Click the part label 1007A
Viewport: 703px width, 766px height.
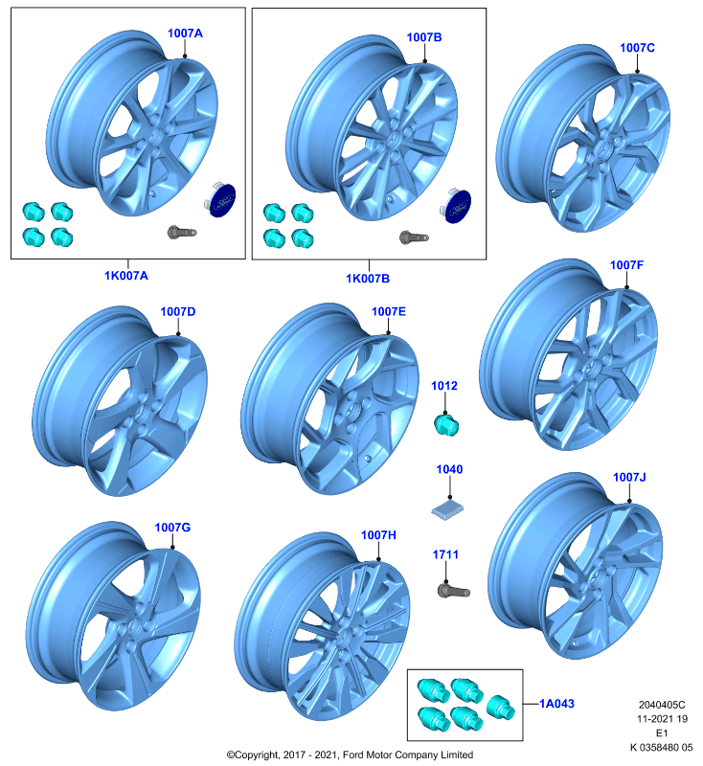[x=185, y=34]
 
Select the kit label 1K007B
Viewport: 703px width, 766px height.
[x=368, y=279]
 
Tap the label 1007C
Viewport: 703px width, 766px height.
[x=637, y=48]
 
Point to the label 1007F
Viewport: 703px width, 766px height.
[x=626, y=265]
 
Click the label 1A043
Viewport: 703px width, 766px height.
[x=556, y=704]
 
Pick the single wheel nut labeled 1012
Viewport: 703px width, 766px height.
[x=446, y=424]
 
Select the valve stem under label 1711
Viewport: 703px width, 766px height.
[x=453, y=591]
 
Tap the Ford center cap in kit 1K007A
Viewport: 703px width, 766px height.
[x=220, y=200]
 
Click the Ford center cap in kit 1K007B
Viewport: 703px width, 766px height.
[x=455, y=206]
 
